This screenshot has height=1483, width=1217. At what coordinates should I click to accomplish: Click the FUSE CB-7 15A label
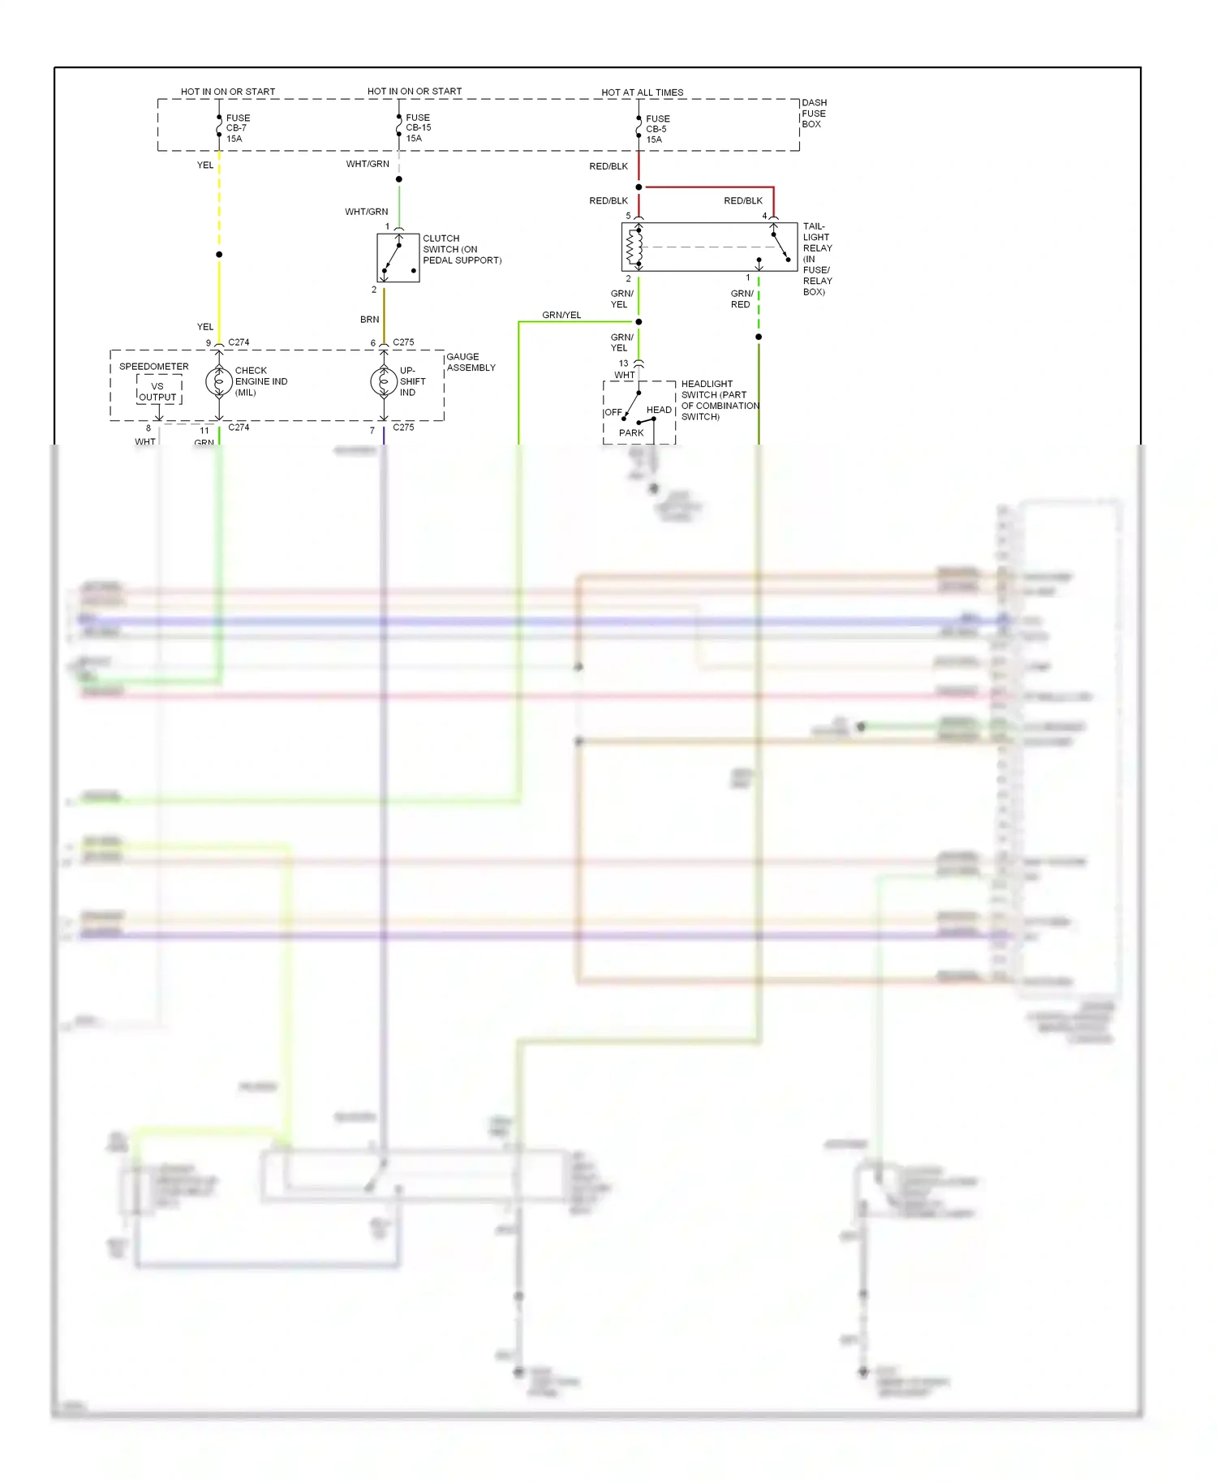237,128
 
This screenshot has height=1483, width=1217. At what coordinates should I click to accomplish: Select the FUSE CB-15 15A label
417,127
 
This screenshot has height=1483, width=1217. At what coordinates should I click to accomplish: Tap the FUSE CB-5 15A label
656,129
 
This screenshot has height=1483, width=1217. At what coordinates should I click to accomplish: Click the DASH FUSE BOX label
814,114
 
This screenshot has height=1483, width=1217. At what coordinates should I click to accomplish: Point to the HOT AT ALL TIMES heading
642,92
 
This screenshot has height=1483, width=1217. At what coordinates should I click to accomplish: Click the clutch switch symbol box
398,258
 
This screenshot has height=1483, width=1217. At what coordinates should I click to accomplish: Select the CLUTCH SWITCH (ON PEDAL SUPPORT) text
461,250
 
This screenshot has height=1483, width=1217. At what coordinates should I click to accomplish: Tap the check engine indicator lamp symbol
219,381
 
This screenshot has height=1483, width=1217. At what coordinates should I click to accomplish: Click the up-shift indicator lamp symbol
384,381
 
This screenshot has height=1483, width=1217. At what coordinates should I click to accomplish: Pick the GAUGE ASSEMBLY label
471,363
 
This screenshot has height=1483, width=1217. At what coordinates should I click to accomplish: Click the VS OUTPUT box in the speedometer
158,392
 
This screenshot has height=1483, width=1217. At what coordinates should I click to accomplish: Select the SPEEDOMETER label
153,367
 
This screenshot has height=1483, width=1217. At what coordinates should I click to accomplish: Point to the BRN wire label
369,320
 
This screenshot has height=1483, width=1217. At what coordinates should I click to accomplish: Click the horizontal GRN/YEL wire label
561,315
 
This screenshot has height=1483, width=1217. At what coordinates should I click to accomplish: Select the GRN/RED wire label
741,299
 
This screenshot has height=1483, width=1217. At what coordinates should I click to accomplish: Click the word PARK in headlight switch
630,433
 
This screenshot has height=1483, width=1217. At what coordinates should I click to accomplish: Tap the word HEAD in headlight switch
659,411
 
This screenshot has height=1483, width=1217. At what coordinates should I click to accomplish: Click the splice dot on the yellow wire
219,255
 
